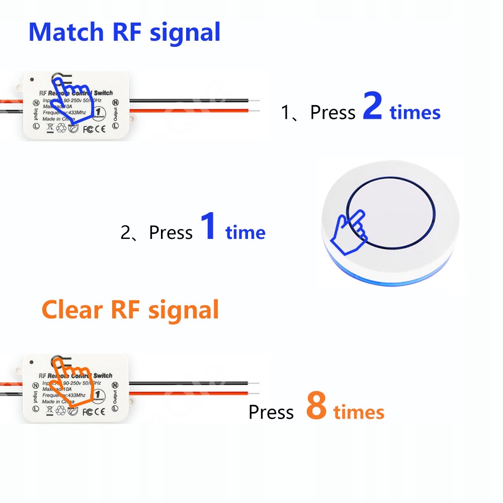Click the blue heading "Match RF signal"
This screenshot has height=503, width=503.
(x=124, y=32)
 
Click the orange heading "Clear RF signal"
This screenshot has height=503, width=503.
(x=130, y=310)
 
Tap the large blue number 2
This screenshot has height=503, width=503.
(x=372, y=110)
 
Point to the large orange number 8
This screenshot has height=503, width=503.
(x=316, y=408)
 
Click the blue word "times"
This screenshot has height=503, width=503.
(x=415, y=112)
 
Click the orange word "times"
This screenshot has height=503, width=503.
(x=359, y=412)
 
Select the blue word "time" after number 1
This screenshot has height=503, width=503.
(x=245, y=232)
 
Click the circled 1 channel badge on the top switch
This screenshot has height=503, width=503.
(x=100, y=111)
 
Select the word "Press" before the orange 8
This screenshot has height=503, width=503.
(x=271, y=412)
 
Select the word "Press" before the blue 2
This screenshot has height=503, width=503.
(x=332, y=113)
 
